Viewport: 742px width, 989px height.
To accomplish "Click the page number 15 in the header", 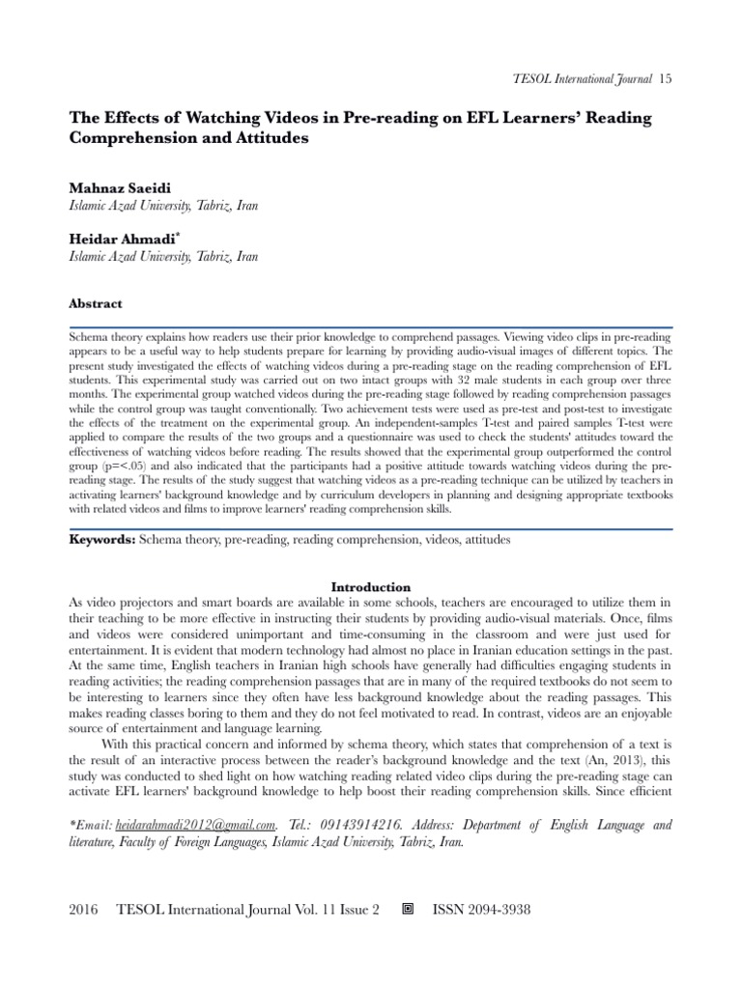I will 665,78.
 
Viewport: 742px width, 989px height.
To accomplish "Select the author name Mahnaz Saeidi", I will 117,187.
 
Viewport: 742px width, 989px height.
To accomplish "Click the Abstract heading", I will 96,303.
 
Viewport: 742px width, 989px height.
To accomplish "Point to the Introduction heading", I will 371,586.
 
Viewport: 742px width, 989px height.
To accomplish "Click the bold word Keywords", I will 102,541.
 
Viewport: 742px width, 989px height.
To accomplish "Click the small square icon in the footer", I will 407,910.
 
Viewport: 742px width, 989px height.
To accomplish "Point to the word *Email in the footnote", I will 91,825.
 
